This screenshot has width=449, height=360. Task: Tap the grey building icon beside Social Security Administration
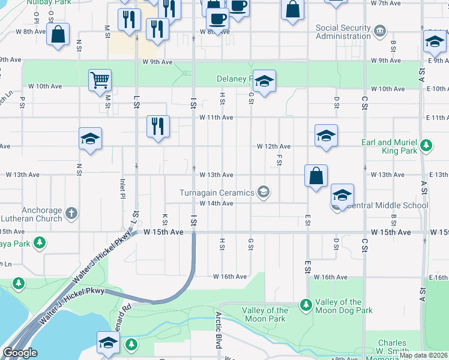380,31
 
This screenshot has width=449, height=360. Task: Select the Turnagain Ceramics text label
217,193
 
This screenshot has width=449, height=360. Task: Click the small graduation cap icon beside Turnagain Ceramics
262,192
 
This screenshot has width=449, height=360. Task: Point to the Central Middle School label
387,205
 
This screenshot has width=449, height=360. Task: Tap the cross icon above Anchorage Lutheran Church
71,212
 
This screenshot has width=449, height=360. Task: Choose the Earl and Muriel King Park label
390,146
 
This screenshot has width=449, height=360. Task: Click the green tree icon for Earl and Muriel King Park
426,145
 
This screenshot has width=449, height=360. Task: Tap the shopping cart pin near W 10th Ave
100,80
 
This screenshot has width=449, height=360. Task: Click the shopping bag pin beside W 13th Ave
316,176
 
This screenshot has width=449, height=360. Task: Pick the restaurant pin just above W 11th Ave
158,126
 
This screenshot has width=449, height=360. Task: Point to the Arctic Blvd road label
218,330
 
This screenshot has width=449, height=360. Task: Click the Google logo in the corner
20,353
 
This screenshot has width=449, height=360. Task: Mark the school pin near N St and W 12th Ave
90,139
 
